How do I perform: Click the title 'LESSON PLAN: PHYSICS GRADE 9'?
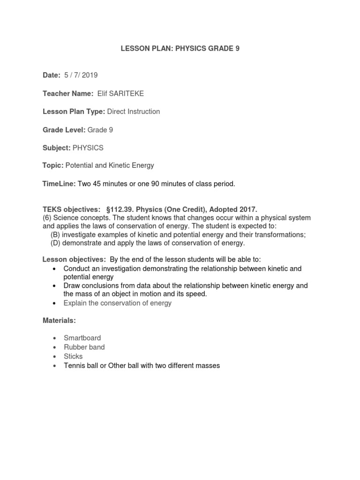[x=180, y=48]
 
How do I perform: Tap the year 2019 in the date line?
[x=89, y=75]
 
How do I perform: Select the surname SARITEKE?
[x=127, y=94]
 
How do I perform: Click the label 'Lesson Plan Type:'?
[x=74, y=112]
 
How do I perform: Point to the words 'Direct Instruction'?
[x=134, y=112]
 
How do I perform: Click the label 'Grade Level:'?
[x=64, y=130]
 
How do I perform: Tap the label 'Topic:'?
[x=53, y=165]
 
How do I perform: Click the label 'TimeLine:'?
[x=59, y=184]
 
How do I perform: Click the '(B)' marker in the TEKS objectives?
[x=55, y=235]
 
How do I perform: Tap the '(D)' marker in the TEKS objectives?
[x=55, y=243]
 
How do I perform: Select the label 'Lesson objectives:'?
[x=74, y=259]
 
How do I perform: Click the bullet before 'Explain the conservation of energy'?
[x=55, y=303]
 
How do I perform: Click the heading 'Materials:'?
[x=59, y=321]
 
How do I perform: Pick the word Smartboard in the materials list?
[x=82, y=338]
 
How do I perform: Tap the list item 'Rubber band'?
[x=84, y=347]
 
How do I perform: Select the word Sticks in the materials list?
[x=73, y=356]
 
